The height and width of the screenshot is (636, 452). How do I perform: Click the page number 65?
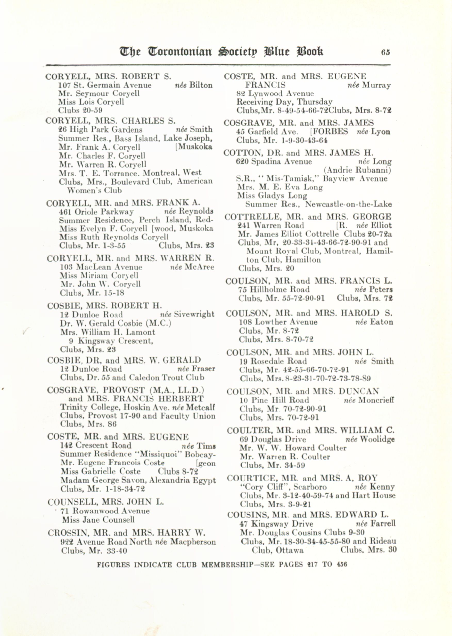coord(386,52)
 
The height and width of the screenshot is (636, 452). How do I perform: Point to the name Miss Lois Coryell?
coord(91,102)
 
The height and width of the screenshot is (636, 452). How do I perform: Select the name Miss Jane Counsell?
coord(98,520)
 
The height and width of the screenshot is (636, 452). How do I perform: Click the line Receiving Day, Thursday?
coord(284,102)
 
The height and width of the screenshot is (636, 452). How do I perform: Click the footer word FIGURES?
coord(113,565)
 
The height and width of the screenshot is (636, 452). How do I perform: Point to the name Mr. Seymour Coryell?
coord(99,93)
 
